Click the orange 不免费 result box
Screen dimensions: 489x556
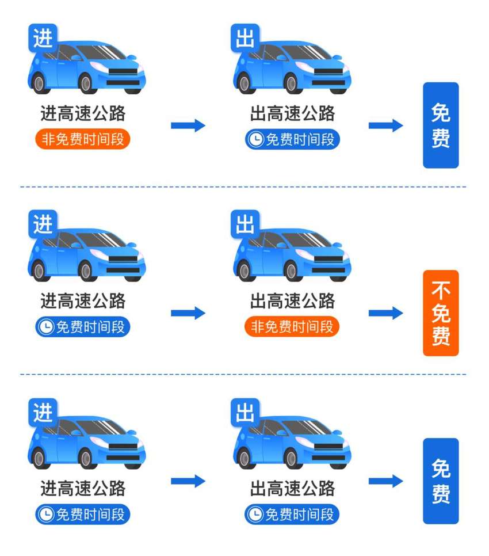441,313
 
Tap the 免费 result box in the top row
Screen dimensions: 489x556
441,125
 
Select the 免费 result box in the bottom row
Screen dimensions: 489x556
441,481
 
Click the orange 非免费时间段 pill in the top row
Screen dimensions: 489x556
83,139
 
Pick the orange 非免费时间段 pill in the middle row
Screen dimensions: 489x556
292,326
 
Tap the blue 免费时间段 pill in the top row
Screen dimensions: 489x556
292,139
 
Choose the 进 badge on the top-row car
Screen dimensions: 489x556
43,38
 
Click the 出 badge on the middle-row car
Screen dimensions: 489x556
245,224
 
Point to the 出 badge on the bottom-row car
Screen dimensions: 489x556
245,412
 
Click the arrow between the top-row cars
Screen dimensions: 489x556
188,125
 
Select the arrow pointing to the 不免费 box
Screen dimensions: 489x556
386,313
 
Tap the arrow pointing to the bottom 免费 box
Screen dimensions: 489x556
386,481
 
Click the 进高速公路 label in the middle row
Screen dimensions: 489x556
83,300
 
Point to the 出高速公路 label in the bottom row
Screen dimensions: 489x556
292,488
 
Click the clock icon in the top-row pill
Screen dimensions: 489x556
255,139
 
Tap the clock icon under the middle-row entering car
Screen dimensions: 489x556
46,326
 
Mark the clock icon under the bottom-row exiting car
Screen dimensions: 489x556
255,514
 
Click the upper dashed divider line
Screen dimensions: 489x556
243,186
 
